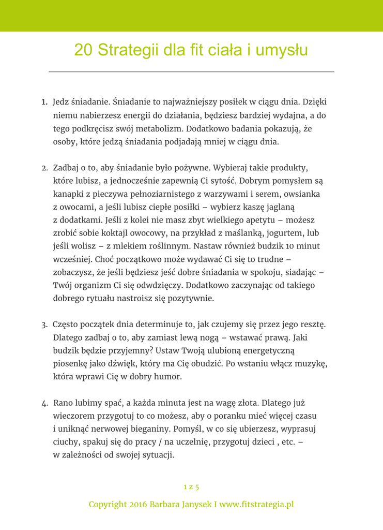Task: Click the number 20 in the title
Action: click(x=83, y=50)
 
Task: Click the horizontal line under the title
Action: click(x=191, y=71)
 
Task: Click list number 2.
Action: click(x=45, y=168)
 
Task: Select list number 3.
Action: click(x=45, y=325)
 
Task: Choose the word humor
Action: click(x=165, y=377)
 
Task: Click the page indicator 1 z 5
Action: click(x=191, y=487)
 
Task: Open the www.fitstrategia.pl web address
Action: click(x=256, y=504)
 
